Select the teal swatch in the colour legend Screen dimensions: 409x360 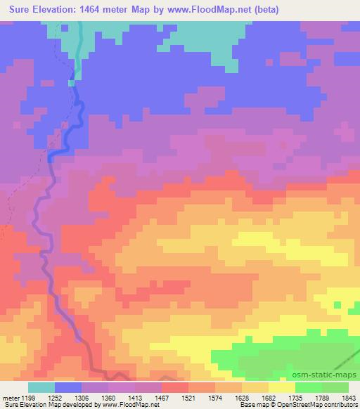(x=41, y=387)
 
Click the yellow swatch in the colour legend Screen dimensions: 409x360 (x=282, y=387)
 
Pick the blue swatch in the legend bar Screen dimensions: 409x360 (x=68, y=387)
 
